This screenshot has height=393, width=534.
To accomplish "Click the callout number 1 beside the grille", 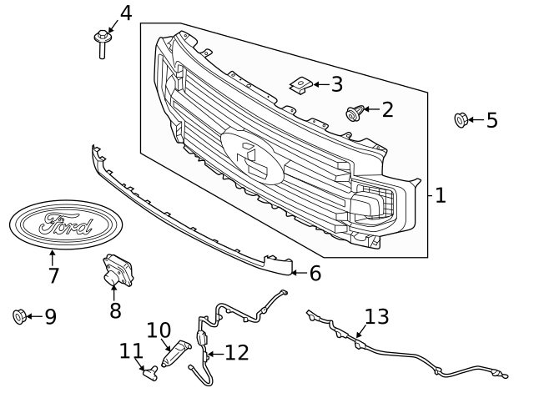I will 441,196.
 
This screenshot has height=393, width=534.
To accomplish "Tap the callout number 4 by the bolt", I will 125,13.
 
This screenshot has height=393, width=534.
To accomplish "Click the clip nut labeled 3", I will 300,85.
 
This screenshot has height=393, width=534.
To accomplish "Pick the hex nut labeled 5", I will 460,120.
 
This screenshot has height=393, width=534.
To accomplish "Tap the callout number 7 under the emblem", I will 53,275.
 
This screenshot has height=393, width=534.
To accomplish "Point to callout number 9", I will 50,317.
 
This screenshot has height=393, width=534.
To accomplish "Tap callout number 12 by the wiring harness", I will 236,353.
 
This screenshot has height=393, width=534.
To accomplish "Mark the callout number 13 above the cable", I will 376,317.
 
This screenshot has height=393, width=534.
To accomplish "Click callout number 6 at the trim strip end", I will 315,273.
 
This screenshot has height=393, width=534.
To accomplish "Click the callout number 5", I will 491,120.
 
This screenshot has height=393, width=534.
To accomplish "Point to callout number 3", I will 336,84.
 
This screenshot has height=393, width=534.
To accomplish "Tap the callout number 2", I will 386,109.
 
